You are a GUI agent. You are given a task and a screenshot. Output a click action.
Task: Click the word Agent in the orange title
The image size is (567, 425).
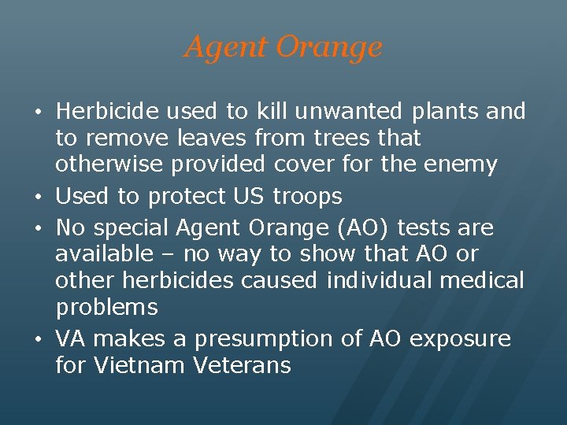(x=224, y=47)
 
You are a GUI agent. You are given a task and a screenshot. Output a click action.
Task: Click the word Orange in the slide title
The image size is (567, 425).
(x=329, y=47)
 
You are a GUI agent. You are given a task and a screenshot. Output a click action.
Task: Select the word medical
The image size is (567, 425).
(x=488, y=280)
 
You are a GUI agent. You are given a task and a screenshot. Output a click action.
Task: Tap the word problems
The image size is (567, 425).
(x=106, y=308)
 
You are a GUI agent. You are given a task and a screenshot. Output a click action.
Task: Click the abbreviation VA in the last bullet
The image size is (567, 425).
(x=71, y=338)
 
